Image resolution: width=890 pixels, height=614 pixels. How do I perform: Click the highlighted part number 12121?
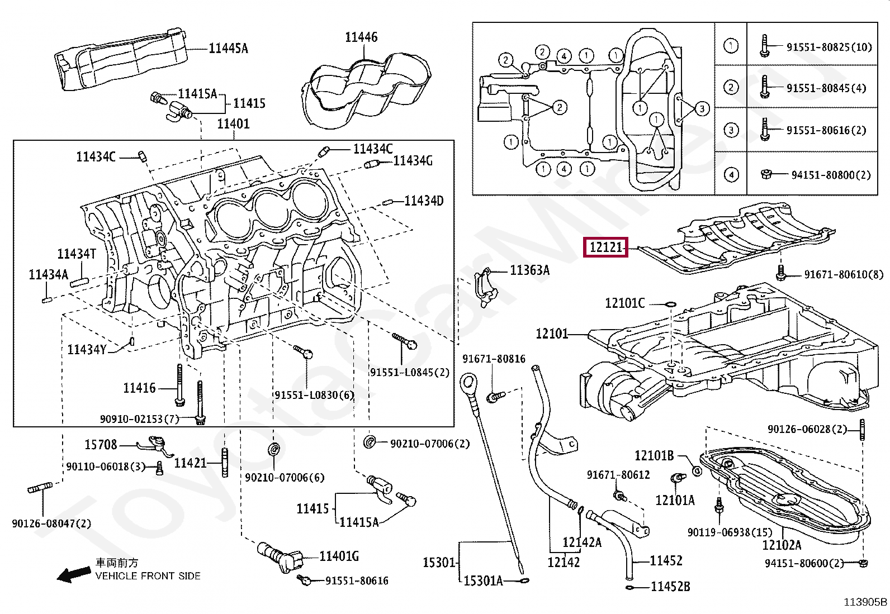[x=605, y=247]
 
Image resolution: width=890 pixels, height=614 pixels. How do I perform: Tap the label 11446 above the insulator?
[x=361, y=37]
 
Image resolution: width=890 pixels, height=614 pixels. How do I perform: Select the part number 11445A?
[x=228, y=49]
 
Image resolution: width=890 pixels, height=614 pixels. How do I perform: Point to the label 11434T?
[x=77, y=254]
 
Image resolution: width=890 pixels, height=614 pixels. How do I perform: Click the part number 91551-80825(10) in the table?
[x=829, y=47]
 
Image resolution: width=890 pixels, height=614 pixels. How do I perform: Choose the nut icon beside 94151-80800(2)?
[x=766, y=174]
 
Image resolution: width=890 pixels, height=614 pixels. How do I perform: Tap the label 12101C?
[x=624, y=303]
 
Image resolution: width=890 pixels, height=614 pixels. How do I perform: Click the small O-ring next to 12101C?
[x=670, y=304]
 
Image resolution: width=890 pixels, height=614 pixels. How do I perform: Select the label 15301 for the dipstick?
[x=439, y=563]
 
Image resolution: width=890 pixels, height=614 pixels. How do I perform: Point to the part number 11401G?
[x=339, y=556]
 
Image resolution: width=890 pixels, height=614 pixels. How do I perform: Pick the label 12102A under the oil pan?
[x=781, y=545]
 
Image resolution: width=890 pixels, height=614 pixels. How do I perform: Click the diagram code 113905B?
[x=865, y=602]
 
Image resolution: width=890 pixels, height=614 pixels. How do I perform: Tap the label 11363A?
[x=529, y=270]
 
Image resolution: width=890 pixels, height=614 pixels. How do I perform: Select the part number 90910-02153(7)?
[x=139, y=419]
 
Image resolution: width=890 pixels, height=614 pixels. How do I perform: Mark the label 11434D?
[x=424, y=201]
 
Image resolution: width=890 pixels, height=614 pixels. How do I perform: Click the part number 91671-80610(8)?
[x=844, y=274]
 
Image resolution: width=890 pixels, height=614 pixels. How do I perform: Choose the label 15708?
[x=101, y=444]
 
